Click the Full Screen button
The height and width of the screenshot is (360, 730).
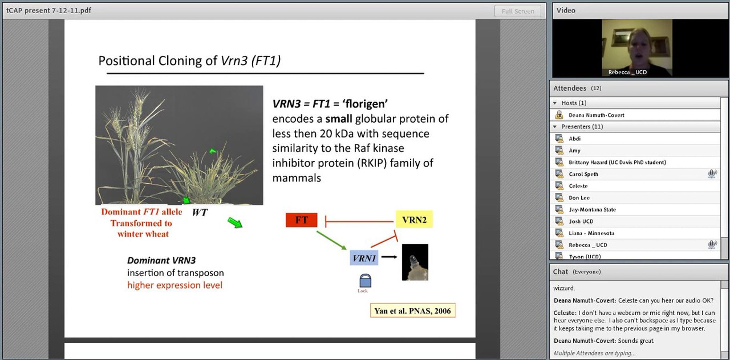[518, 11]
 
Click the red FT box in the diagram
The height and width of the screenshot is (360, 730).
[301, 220]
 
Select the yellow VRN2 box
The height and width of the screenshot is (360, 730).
[414, 220]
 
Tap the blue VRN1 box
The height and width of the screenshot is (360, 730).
[364, 258]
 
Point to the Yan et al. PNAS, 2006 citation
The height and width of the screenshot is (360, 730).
[413, 311]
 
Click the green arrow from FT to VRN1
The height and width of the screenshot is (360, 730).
[332, 240]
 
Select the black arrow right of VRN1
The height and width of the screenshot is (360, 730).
[389, 257]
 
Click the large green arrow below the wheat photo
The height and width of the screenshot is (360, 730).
[235, 222]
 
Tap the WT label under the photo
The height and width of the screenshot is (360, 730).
[200, 212]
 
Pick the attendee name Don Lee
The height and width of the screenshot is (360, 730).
[579, 198]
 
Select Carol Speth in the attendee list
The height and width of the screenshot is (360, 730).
[583, 174]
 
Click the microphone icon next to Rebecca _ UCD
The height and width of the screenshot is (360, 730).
[712, 244]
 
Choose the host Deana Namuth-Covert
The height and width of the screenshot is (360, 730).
[596, 115]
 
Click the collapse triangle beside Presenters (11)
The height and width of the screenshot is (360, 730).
[555, 127]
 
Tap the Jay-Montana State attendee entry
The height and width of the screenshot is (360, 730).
[592, 210]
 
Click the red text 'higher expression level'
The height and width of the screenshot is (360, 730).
[175, 285]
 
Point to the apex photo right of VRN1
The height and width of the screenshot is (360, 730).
[415, 262]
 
